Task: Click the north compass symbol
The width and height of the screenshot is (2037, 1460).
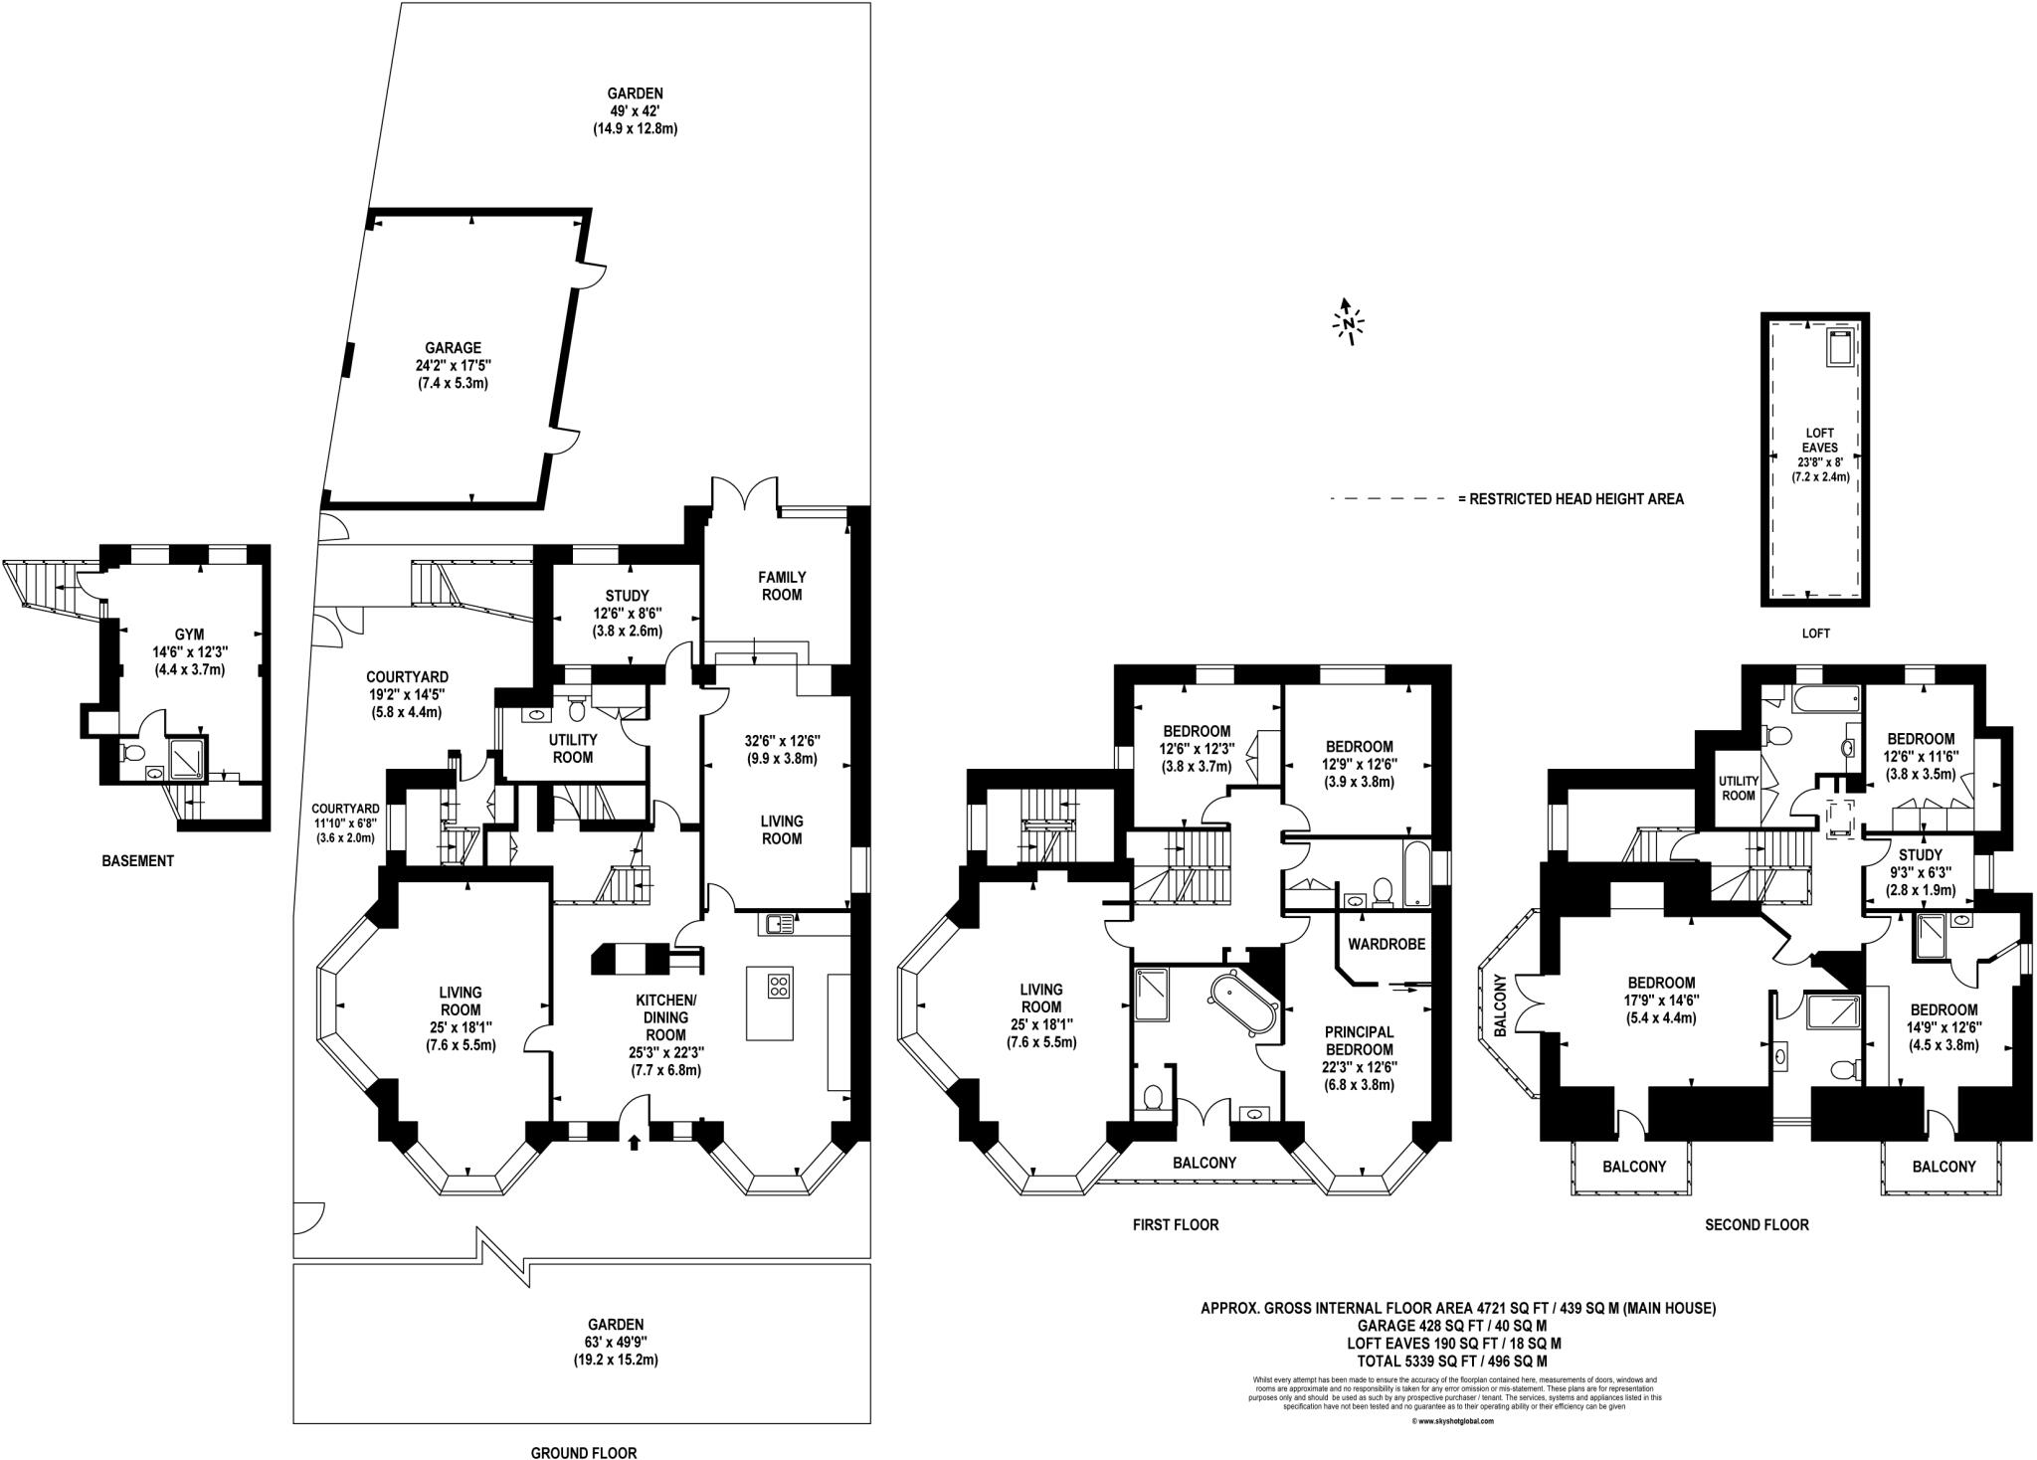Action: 1348,321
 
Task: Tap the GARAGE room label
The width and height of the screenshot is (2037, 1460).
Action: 453,348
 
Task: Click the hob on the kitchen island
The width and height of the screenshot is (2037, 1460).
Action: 778,986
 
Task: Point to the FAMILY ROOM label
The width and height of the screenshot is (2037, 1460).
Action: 781,585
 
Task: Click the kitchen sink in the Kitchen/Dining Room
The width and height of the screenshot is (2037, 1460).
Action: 779,925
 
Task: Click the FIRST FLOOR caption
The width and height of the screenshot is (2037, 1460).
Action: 1175,1224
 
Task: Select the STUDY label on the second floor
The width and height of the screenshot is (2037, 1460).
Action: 1919,854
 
